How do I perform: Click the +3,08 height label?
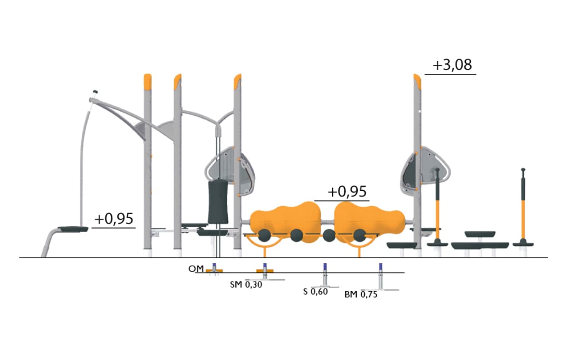[x=452, y=65]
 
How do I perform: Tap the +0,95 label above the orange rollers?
[x=347, y=192]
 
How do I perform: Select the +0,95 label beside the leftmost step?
[x=114, y=219]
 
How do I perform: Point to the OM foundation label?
[x=196, y=269]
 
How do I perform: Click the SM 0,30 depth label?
[x=246, y=285]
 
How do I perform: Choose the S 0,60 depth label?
[x=315, y=292]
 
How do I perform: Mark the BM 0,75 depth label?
[x=361, y=294]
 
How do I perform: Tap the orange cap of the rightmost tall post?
[x=417, y=81]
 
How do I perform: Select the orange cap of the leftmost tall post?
[x=148, y=82]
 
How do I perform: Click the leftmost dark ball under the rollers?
[x=264, y=235]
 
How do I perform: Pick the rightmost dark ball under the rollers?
[x=360, y=235]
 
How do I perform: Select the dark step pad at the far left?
[x=73, y=229]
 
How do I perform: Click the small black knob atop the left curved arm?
[x=95, y=91]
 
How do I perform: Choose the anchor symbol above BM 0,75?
[x=381, y=277]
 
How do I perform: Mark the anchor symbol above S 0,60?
[x=325, y=275]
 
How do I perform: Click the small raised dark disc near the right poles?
[x=480, y=234]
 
